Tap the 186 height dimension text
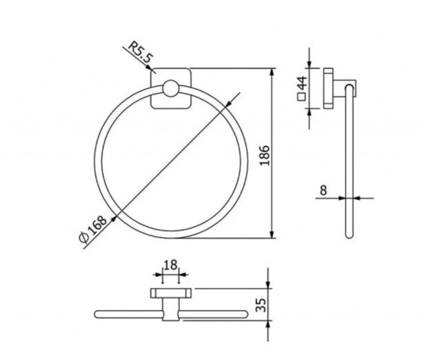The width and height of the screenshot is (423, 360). click(264, 155)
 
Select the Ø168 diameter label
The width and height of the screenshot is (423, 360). click(93, 229)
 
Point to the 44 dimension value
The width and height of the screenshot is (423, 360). click(302, 82)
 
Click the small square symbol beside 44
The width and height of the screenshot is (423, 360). click(301, 97)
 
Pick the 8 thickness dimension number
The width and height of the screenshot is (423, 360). click(323, 190)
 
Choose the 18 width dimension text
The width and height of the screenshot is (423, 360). click(171, 265)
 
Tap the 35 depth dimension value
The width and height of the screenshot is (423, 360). click(261, 305)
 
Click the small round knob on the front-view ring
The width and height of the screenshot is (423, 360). click(171, 88)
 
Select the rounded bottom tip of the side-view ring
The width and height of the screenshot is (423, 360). click(349, 236)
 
